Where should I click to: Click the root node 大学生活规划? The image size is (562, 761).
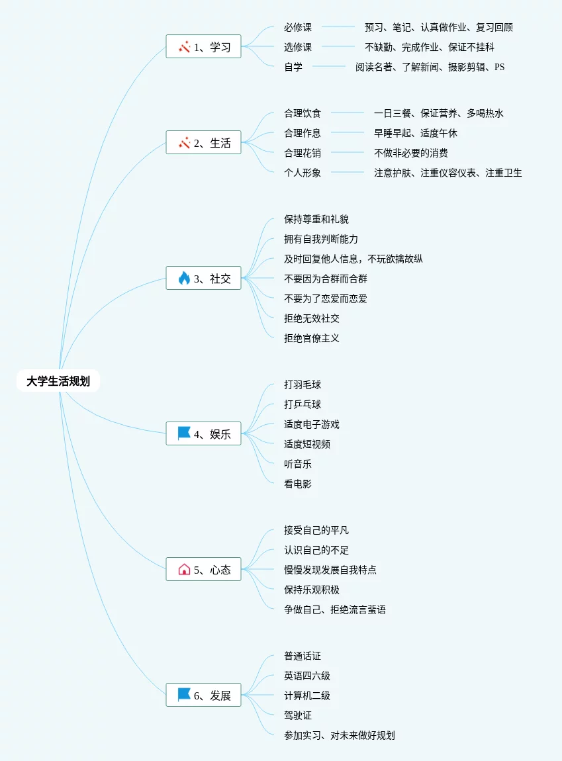coord(58,381)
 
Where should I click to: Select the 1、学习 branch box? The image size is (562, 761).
coord(203,47)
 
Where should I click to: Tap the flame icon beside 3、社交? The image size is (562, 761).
coord(184,279)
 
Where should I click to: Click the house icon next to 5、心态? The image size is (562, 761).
coord(184,569)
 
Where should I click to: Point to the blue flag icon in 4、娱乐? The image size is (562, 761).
coord(184,433)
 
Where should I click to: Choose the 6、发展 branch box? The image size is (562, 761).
coord(203,695)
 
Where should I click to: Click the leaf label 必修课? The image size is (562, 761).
coord(298,27)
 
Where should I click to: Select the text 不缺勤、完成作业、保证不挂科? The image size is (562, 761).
coord(430,47)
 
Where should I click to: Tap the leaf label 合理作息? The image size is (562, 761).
coord(303,133)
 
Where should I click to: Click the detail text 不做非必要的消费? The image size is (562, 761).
coord(411,153)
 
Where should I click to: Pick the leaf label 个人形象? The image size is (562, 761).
coord(303,173)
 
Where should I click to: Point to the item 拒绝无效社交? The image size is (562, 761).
coord(312,318)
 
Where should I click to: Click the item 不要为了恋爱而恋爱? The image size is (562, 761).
coord(326,298)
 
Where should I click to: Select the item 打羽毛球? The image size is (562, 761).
coord(303,384)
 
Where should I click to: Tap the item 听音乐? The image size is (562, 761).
coord(298,464)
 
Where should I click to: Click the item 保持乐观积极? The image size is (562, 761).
coord(312,590)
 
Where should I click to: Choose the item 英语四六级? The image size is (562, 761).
coord(307,676)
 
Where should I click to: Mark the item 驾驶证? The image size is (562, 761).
coord(298,715)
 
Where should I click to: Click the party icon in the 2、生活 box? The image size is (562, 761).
coord(184,142)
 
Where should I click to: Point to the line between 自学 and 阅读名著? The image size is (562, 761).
coord(329,66)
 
